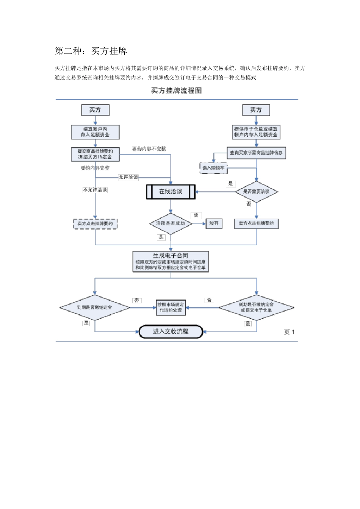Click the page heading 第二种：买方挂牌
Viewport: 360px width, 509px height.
[91, 51]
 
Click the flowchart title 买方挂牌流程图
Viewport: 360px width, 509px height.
[176, 91]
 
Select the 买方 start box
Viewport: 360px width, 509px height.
[95, 110]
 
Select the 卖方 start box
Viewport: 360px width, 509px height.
[256, 110]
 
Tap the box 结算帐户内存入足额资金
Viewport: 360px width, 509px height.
[95, 132]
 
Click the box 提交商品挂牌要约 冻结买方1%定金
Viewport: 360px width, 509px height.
[95, 154]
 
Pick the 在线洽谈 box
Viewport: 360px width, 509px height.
[171, 192]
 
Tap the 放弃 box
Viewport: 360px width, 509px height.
[214, 223]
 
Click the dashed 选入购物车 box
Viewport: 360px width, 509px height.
[213, 168]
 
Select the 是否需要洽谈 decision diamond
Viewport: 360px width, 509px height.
[257, 192]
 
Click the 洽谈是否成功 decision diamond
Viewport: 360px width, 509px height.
[171, 223]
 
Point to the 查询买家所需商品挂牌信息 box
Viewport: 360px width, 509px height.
[256, 153]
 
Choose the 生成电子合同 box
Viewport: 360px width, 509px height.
[171, 261]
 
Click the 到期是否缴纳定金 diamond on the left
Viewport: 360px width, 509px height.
[95, 308]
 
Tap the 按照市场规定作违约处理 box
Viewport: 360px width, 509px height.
[171, 307]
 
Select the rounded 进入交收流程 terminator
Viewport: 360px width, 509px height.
[171, 331]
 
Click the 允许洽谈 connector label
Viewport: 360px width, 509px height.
[128, 177]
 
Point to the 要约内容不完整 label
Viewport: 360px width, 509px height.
[149, 149]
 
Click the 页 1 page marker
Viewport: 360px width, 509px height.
[289, 332]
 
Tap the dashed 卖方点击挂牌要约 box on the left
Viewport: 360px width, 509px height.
[95, 224]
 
